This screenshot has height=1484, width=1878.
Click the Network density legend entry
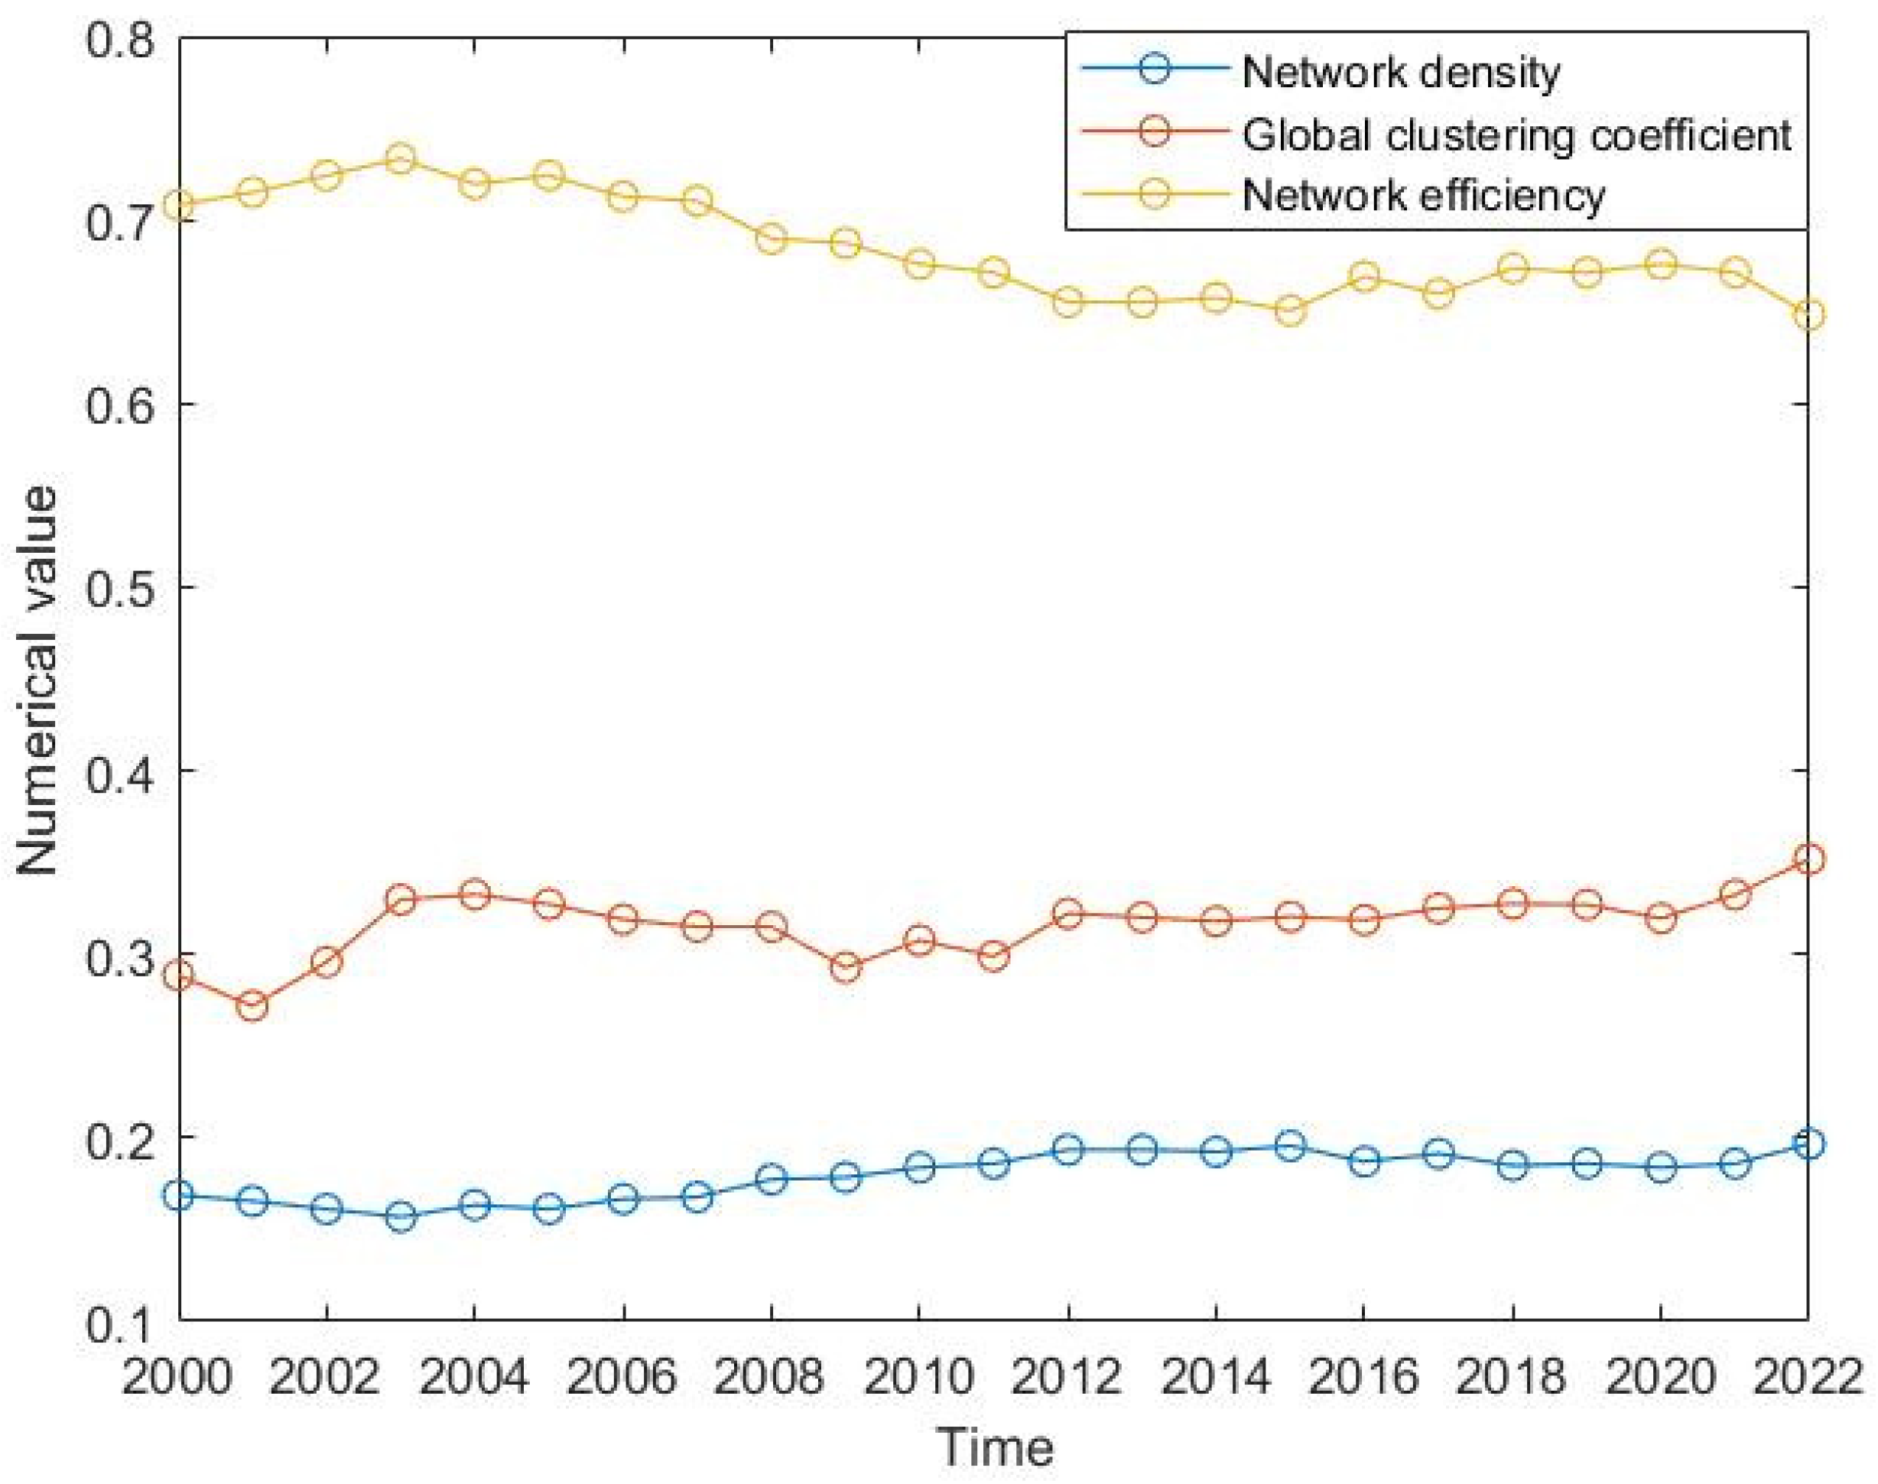1400,72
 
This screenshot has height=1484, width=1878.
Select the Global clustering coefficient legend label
1516,135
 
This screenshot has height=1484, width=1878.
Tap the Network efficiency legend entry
1424,196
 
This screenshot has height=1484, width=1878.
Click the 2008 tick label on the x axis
770,1377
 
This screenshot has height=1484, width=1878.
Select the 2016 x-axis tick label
1363,1377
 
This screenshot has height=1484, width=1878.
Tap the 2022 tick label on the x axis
1809,1377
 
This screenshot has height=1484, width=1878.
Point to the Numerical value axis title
37,680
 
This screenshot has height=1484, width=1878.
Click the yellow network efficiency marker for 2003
401,159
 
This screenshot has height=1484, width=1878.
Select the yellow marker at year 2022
1809,314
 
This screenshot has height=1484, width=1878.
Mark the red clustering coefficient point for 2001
252,1007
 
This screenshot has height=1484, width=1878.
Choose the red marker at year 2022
1809,859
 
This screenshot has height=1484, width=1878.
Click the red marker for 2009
846,967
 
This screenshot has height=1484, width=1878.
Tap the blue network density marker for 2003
401,1217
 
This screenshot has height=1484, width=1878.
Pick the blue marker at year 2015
1291,1147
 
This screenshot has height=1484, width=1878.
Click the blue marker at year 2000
179,1196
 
